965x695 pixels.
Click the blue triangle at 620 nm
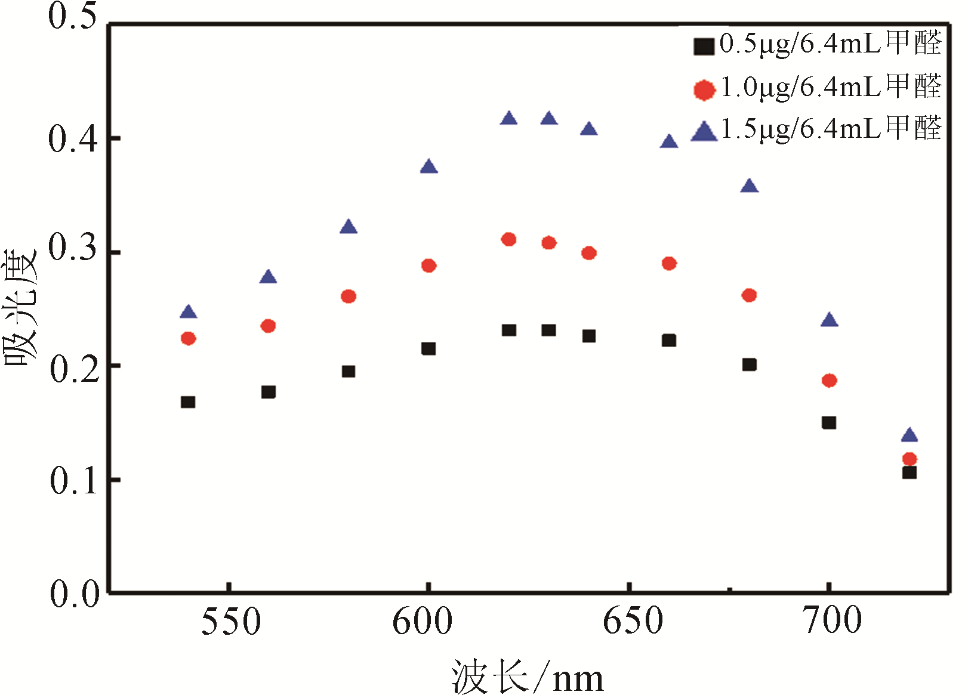[508, 119]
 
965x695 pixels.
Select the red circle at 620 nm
[508, 240]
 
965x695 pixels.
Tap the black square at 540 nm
[188, 402]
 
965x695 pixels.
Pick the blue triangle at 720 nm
[909, 435]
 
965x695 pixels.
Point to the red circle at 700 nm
[829, 381]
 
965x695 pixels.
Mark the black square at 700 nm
[829, 423]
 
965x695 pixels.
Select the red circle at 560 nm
[269, 326]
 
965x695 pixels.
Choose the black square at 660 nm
[669, 341]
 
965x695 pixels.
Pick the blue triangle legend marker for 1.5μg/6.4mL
[704, 132]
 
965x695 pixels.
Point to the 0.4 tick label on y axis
[73, 139]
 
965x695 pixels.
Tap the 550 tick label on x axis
[231, 621]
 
